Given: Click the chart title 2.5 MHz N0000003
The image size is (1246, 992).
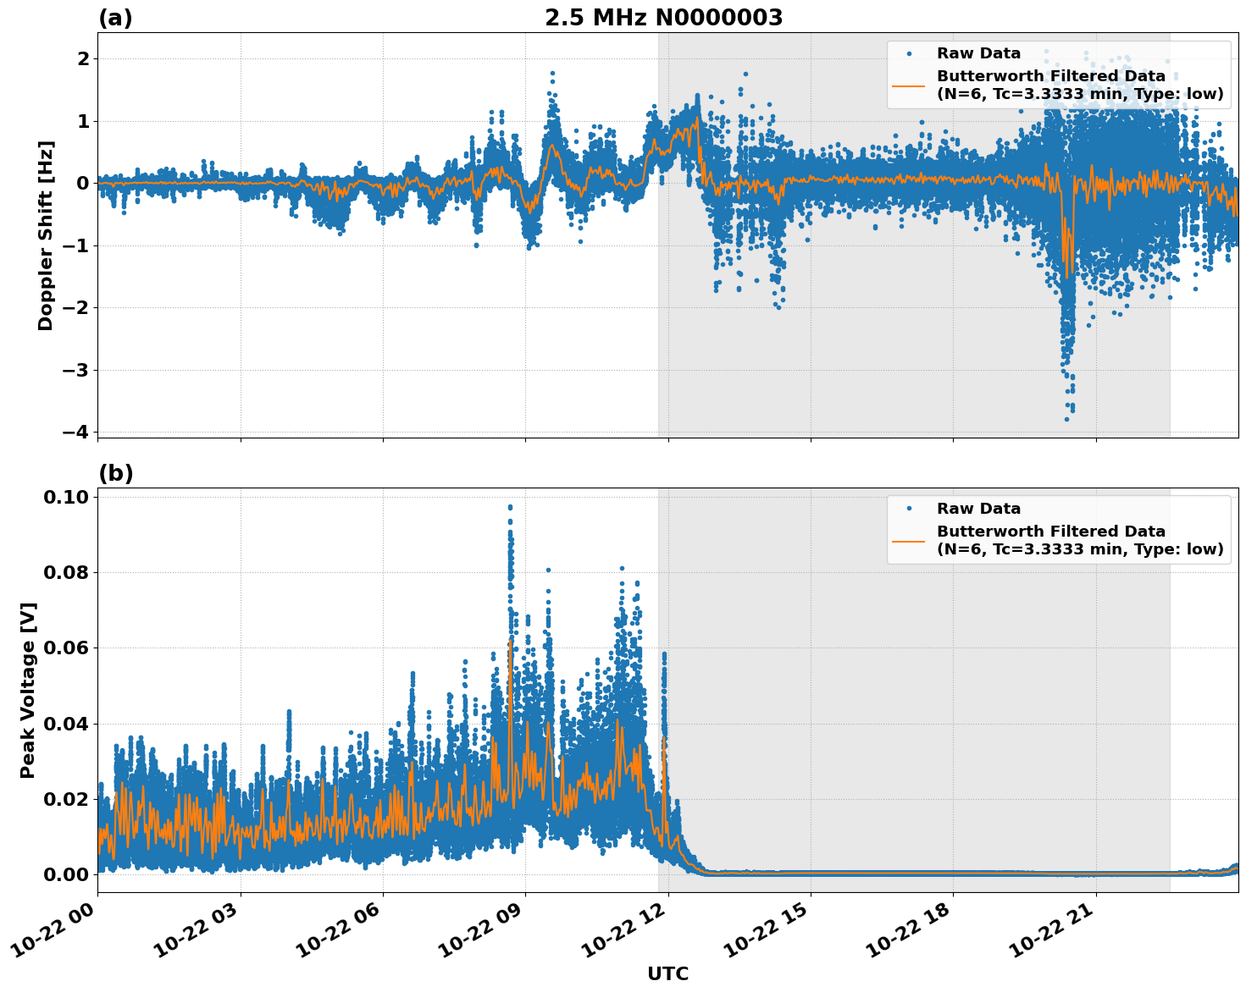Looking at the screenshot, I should pos(663,18).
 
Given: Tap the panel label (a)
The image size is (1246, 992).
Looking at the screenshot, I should pos(115,18).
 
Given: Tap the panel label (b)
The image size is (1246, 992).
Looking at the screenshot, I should pos(115,473).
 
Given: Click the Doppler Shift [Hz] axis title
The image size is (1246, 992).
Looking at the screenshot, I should pos(46,235).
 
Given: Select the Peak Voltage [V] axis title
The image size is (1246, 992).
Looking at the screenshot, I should pos(28,690).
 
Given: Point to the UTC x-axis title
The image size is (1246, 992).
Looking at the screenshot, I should pos(667,973).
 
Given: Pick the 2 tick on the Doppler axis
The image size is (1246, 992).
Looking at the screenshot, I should pos(83,58).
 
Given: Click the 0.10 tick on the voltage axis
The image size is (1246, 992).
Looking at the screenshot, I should pos(67,497).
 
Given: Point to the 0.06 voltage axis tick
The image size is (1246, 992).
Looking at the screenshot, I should pos(67,648).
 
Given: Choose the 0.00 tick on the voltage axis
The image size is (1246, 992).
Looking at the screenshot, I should pos(67,874).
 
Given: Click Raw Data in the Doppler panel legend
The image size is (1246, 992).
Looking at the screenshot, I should pos(978,53).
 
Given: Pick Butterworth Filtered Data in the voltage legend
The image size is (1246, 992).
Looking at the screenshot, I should pos(1050,532).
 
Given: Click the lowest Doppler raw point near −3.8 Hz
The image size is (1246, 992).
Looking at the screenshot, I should pos(1066,418).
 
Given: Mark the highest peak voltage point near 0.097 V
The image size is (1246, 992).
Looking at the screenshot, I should pos(510,507).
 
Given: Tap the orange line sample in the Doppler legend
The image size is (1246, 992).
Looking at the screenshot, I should pos(909,85).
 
